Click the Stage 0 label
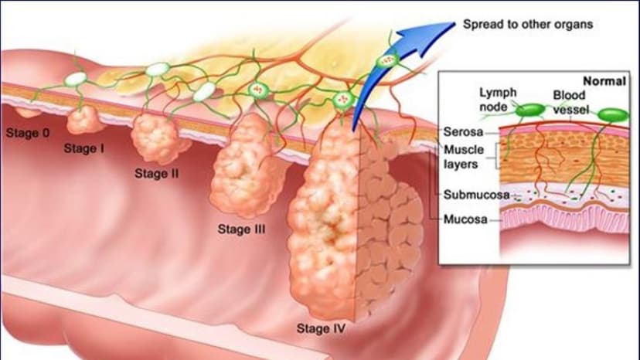click(28, 133)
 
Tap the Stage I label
click(84, 148)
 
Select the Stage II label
click(157, 174)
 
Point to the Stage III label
click(242, 229)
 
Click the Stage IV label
click(321, 328)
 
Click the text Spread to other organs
click(528, 25)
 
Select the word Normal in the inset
click(604, 81)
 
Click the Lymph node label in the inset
click(498, 100)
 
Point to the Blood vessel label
click(570, 102)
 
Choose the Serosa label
click(463, 132)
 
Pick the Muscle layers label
click(464, 157)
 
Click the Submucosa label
click(476, 195)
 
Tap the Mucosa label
click(465, 219)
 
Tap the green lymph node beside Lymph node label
click(529, 110)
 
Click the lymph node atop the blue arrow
click(386, 61)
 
